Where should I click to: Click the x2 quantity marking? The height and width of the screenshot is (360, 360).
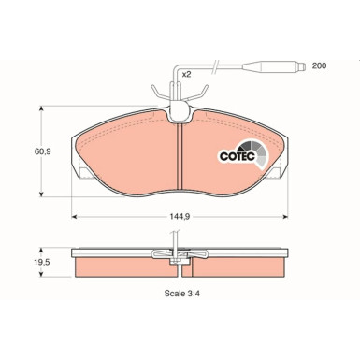click(x=186, y=73)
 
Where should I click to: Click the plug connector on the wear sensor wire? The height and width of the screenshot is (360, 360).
click(x=270, y=66)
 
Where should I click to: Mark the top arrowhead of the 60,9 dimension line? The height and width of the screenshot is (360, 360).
click(x=40, y=108)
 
